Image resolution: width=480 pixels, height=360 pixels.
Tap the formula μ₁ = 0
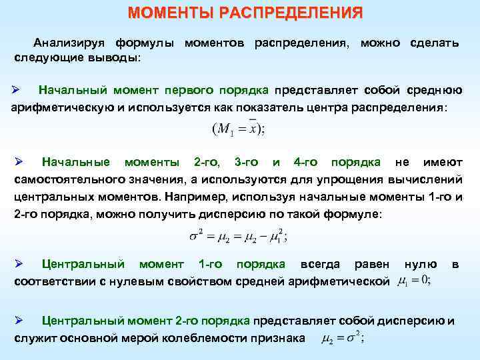(414, 282)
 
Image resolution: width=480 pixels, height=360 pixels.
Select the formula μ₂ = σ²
(342, 339)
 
